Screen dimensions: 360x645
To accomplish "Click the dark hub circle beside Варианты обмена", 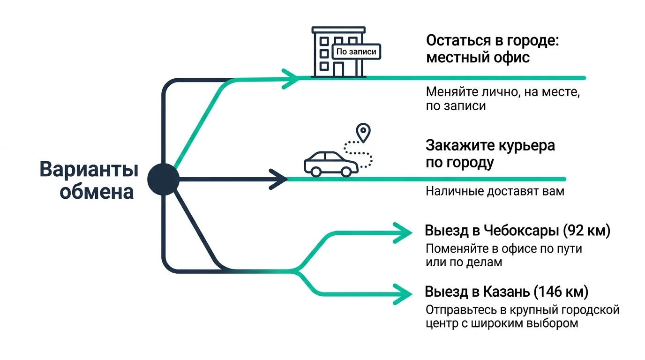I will [164, 179].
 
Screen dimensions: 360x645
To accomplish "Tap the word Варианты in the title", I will [89, 170].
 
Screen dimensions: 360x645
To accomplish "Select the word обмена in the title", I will [97, 193].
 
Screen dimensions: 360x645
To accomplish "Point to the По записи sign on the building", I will [356, 52].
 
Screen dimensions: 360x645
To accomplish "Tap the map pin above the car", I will [363, 132].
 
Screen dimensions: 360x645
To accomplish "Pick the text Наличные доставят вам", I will [495, 192].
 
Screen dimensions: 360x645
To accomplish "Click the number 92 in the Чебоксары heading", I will [576, 232].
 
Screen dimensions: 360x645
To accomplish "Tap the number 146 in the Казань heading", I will [551, 292].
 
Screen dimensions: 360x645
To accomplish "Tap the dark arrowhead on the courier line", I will [280, 179].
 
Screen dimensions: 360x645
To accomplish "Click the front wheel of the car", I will [346, 172].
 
